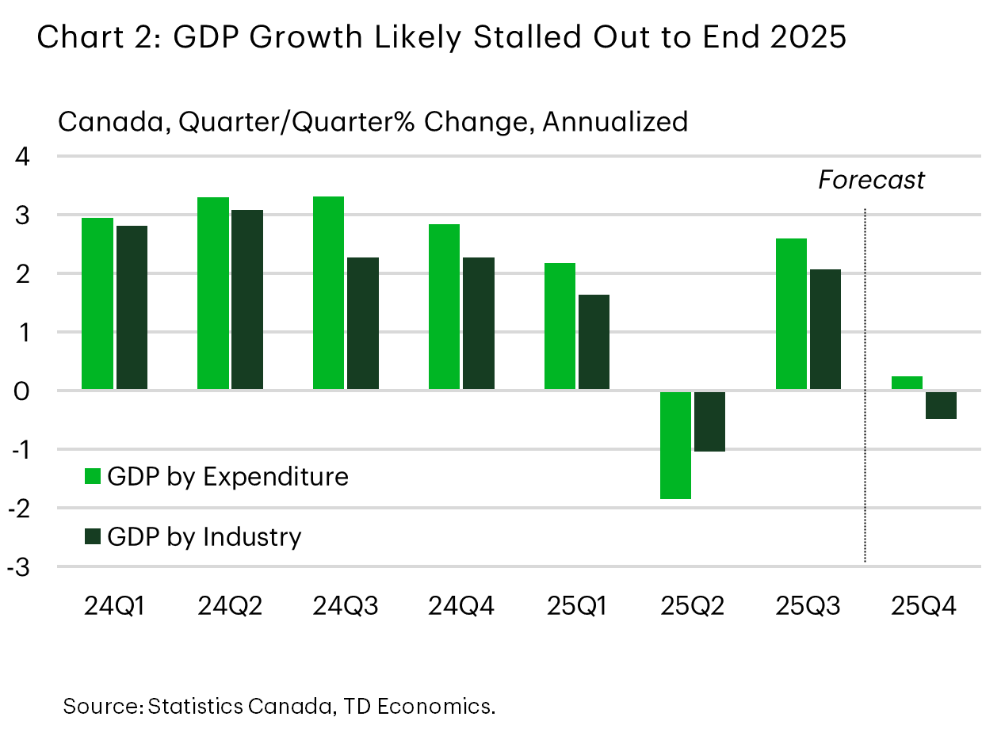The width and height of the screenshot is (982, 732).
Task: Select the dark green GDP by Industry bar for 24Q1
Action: coord(132,307)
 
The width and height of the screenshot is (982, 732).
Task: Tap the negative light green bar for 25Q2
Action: coord(675,444)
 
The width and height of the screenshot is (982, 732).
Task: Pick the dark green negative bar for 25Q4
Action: coord(941,405)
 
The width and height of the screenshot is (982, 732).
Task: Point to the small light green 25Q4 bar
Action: coord(907,383)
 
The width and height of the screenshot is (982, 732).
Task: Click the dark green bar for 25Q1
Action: coord(594,342)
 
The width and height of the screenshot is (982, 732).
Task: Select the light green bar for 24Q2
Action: coord(212,293)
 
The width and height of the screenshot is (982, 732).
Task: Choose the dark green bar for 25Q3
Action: coord(825,330)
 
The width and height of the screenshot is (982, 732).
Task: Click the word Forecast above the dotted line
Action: coord(871,181)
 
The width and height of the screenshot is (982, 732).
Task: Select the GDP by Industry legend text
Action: coord(204,537)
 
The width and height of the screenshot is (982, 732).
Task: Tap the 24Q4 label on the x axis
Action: coord(461,608)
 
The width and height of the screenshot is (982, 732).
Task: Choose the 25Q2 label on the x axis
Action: coord(693,608)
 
